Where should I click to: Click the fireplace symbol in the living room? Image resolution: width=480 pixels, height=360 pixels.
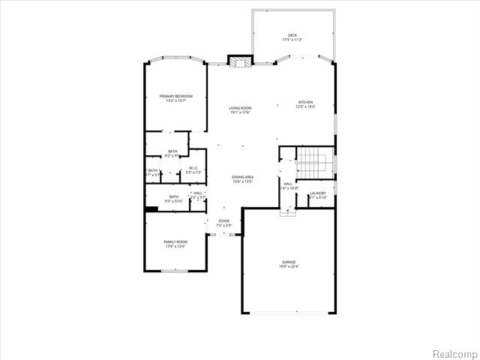[239, 63]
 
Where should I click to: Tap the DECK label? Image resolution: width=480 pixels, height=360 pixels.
[292, 35]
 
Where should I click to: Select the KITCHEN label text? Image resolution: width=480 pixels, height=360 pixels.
[305, 102]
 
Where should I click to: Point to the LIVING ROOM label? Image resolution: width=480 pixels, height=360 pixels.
[240, 108]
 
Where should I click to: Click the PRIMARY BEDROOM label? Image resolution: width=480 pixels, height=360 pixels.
[175, 96]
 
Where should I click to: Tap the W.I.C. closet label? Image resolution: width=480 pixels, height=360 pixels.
[193, 168]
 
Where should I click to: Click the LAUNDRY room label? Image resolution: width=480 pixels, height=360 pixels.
[317, 193]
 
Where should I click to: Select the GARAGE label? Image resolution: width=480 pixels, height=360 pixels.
[289, 262]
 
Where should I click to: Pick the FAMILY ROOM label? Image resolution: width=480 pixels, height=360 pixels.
[175, 241]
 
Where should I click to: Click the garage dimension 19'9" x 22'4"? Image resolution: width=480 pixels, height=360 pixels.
[289, 266]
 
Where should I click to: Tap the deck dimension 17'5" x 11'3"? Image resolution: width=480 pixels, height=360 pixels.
[292, 40]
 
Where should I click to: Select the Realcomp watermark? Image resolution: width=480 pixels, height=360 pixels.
[454, 352]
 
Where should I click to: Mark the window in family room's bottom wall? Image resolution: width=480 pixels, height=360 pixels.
[175, 270]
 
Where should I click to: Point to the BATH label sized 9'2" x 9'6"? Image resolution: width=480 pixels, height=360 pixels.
[172, 152]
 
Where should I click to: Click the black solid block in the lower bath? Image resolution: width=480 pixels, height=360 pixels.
[151, 209]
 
